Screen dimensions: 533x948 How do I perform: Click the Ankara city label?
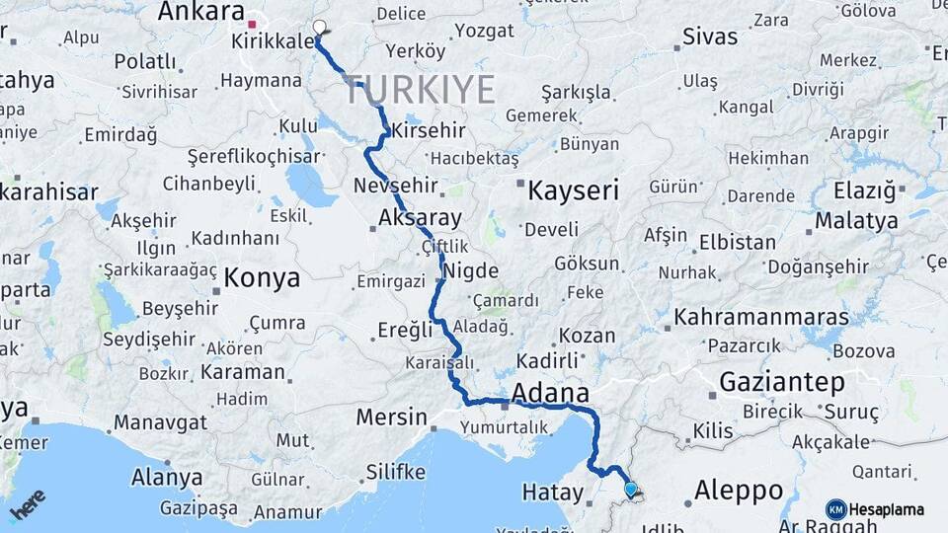point(200,12)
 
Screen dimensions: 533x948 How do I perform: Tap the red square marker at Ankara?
point(253,24)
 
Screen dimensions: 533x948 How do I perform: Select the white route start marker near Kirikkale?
point(318,28)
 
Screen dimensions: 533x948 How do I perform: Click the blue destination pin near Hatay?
point(631,488)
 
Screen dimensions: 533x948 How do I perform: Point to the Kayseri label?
point(572,190)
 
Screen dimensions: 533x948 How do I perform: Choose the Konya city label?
point(262,278)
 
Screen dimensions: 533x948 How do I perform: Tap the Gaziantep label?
point(781,382)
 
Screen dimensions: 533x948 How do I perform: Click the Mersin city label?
point(391,417)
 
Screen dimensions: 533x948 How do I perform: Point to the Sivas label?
point(710,38)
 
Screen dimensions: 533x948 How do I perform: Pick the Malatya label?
point(856,220)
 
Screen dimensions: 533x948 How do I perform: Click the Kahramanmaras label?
point(761,318)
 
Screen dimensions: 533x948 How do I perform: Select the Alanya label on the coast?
point(167,479)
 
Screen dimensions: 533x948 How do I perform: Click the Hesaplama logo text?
point(889,509)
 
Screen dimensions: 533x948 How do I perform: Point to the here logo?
point(27,504)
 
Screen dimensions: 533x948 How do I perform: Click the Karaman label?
point(243,373)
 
